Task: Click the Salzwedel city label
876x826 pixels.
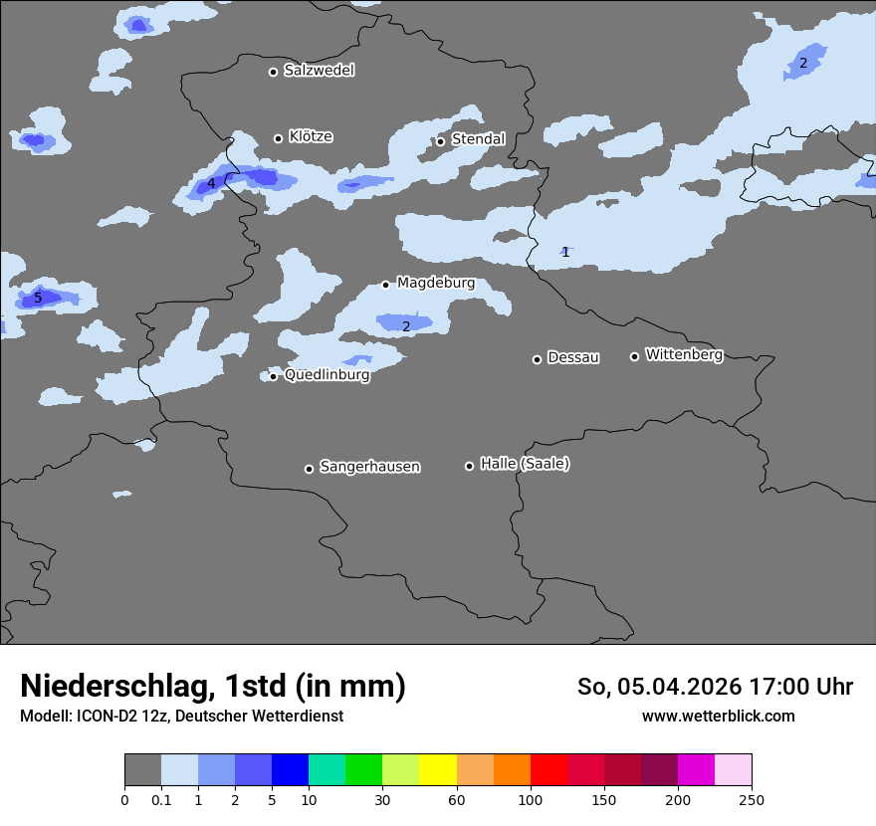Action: click(x=319, y=71)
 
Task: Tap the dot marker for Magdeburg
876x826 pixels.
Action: click(x=386, y=285)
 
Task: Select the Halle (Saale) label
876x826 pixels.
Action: click(x=525, y=464)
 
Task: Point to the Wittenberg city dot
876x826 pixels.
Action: click(x=634, y=356)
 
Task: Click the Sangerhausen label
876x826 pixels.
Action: click(x=369, y=467)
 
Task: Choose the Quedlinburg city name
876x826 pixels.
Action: click(x=327, y=375)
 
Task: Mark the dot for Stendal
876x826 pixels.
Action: click(x=441, y=141)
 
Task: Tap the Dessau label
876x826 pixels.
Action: click(x=573, y=358)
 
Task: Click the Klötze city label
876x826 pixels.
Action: click(x=311, y=137)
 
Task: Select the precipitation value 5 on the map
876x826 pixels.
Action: click(x=38, y=298)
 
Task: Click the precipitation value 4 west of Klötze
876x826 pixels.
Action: click(x=211, y=183)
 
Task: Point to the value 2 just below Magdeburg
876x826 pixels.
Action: click(x=406, y=326)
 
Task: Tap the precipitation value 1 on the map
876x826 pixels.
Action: click(x=565, y=252)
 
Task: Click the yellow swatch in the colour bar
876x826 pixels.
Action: click(x=438, y=770)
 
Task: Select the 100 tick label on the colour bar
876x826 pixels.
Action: click(x=531, y=800)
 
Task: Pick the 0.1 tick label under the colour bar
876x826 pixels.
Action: click(x=161, y=800)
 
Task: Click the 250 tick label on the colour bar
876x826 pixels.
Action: click(x=752, y=800)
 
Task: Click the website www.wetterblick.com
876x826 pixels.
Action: click(x=718, y=717)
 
